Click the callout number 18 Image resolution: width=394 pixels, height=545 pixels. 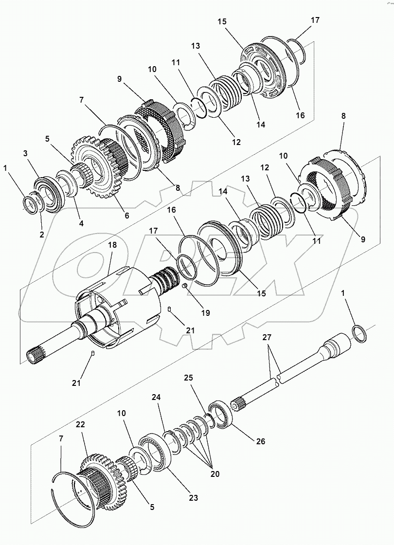(x=112, y=246)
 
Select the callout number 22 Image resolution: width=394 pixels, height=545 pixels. (x=80, y=424)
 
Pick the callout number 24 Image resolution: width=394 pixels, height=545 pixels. (x=156, y=397)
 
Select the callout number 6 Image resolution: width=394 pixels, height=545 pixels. (x=126, y=215)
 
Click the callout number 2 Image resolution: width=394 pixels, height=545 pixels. (x=42, y=234)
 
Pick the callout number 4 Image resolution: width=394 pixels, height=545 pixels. (x=81, y=223)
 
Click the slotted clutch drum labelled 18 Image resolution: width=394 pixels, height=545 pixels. (x=117, y=311)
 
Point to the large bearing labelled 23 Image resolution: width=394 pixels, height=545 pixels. (x=155, y=453)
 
